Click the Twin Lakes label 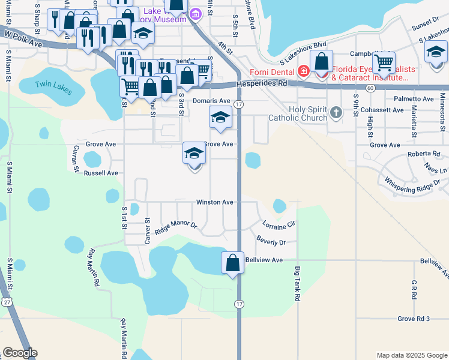(x=53, y=88)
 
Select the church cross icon (x=336, y=112)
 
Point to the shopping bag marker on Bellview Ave (x=232, y=263)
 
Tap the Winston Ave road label (x=214, y=202)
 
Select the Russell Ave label (x=101, y=173)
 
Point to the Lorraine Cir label (x=279, y=224)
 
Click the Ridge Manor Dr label (x=176, y=227)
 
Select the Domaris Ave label (x=211, y=101)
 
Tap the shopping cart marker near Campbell (x=384, y=61)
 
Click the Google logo (x=20, y=353)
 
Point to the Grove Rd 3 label (x=414, y=319)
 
